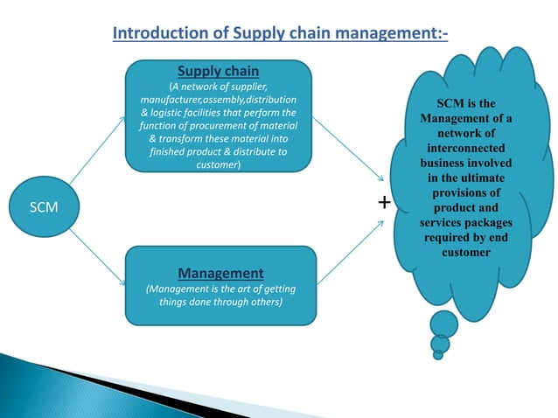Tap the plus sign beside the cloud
(x=385, y=203)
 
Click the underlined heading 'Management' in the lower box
(x=220, y=272)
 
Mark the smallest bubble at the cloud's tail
(x=437, y=354)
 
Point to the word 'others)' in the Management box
(x=264, y=302)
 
